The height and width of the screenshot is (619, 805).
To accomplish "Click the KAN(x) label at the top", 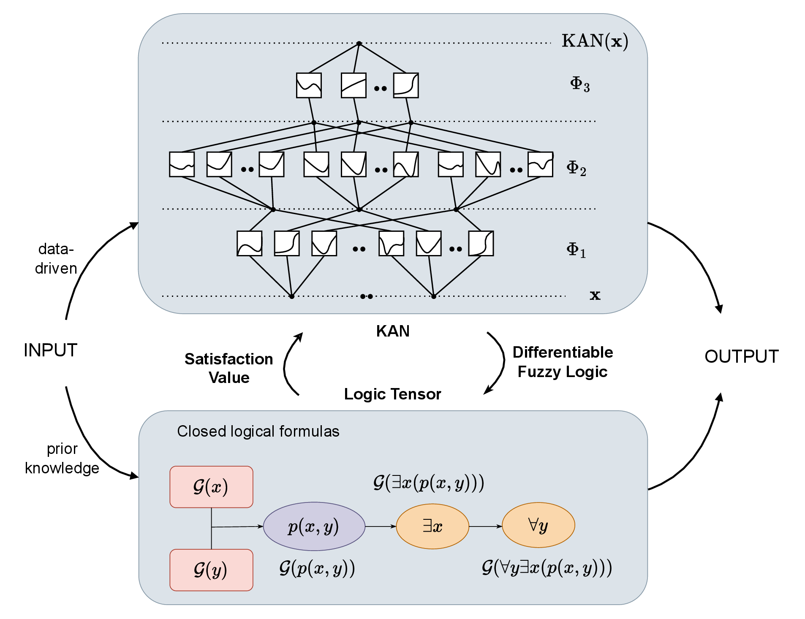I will (595, 41).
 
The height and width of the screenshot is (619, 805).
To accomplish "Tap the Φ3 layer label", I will (579, 84).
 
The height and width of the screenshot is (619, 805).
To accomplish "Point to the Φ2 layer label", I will (576, 168).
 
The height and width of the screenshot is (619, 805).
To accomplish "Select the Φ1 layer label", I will (576, 250).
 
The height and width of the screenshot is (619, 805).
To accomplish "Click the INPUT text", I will (50, 350).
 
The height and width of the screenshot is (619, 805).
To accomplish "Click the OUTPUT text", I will (741, 356).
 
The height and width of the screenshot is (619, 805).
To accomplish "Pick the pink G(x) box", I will (211, 487).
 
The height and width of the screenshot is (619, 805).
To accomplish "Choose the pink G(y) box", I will (211, 570).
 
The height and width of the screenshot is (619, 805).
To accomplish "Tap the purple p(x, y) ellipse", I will (314, 527).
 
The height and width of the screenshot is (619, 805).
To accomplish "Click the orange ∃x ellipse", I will (432, 527).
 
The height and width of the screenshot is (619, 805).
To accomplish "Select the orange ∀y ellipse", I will (538, 525).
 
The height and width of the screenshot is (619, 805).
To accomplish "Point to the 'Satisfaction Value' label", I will (229, 368).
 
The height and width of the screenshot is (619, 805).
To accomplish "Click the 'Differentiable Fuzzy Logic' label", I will (563, 362).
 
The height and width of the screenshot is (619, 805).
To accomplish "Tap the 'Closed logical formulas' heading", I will (258, 431).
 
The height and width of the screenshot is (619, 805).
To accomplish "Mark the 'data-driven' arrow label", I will (56, 258).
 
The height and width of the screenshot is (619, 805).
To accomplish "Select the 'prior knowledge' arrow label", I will (62, 458).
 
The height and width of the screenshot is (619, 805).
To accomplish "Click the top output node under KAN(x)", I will (359, 43).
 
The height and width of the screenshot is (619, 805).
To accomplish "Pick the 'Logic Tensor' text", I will (392, 394).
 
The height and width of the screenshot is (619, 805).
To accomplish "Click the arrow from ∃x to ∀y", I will (485, 527).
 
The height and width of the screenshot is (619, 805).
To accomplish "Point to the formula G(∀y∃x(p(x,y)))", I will (547, 568).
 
